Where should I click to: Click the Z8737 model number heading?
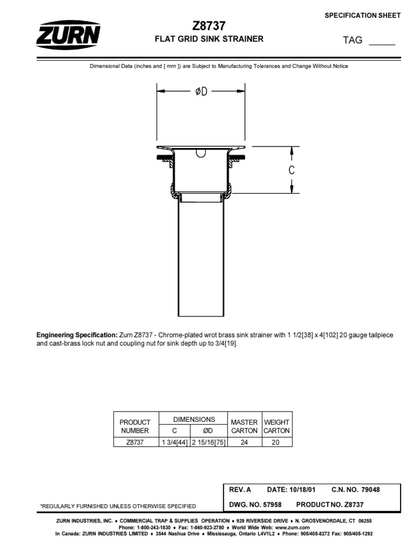(x=209, y=26)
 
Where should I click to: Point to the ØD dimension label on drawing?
(x=201, y=92)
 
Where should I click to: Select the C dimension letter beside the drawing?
(x=291, y=171)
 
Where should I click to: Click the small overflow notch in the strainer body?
(x=201, y=153)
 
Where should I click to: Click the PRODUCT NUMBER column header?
(x=135, y=426)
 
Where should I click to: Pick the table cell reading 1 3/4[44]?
(x=174, y=442)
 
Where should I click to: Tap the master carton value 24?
(x=244, y=442)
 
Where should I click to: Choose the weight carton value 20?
(x=276, y=442)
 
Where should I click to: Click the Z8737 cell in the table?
(x=135, y=442)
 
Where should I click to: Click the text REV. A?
(x=240, y=490)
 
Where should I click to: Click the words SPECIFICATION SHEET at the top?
(x=362, y=15)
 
